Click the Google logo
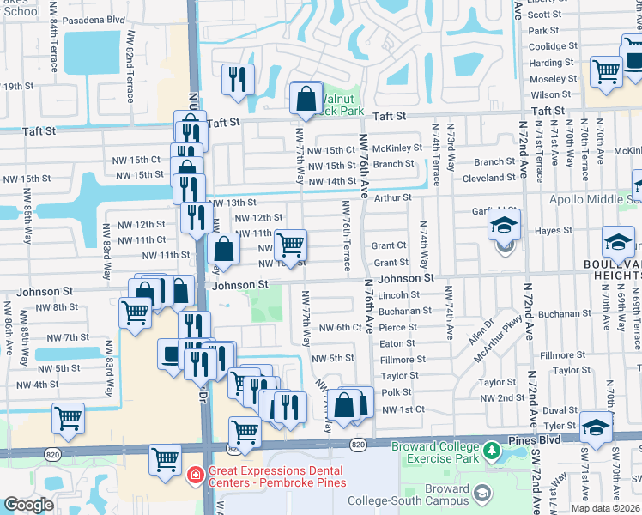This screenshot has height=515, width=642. [28, 505]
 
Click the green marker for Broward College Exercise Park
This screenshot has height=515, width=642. [491, 450]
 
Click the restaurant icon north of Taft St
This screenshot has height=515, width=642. [237, 79]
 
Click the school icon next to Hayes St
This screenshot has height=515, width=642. [504, 227]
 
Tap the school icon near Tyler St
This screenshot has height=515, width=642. [597, 426]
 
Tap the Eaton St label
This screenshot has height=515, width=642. [397, 343]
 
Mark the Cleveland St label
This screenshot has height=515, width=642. [488, 178]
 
